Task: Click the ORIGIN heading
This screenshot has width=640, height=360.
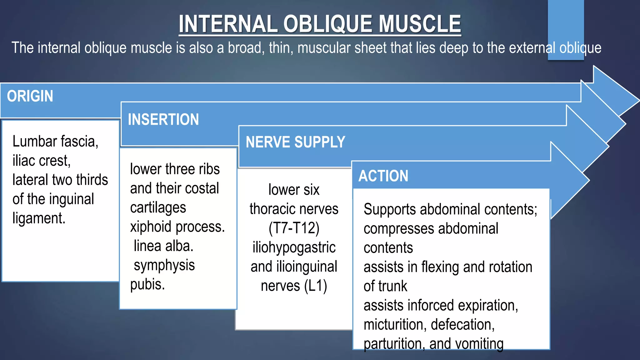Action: point(30,96)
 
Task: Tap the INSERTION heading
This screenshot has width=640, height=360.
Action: point(163,119)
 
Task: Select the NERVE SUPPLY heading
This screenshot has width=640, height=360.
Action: point(295,142)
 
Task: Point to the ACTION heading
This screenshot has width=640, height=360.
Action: point(383,176)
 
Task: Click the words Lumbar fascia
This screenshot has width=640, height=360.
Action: point(55,141)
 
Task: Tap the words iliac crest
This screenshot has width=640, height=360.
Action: point(41,161)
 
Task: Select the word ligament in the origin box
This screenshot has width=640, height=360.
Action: point(39,218)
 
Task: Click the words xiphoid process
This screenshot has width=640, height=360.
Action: point(177,227)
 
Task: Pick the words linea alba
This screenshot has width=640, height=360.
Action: point(163,246)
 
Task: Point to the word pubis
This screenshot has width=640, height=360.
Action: point(147,284)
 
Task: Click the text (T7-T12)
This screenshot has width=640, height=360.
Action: point(294,228)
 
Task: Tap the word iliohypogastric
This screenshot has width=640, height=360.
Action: point(294,247)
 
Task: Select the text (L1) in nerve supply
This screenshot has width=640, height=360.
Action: point(315,286)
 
